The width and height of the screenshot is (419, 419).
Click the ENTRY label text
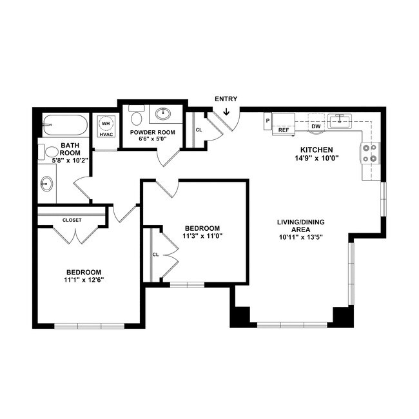(x=226, y=99)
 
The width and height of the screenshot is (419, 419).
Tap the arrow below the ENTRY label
(x=226, y=112)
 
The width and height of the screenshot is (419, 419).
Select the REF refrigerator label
(x=282, y=130)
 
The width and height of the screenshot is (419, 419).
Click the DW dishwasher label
(x=316, y=126)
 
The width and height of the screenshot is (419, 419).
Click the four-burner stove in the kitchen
(x=371, y=152)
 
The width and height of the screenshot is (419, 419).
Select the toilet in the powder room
(x=136, y=116)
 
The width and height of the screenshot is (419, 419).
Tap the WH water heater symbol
(x=105, y=123)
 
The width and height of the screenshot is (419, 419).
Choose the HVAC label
(x=105, y=134)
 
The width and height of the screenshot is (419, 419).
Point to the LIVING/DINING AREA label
(x=300, y=226)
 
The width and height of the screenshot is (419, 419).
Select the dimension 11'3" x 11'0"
(x=202, y=237)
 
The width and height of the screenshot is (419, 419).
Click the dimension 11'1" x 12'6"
(x=84, y=280)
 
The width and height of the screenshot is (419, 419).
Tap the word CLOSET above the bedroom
(x=72, y=220)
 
